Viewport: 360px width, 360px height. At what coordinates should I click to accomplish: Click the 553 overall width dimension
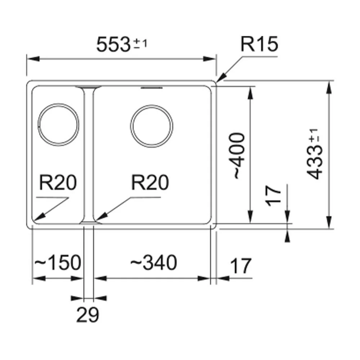tap(113, 45)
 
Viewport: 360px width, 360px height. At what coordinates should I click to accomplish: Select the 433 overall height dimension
tap(315, 163)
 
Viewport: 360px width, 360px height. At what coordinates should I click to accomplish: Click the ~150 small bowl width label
tap(58, 262)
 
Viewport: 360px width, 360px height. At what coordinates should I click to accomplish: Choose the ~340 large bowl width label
tap(154, 262)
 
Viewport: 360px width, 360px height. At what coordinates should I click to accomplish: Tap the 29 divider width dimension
tap(87, 314)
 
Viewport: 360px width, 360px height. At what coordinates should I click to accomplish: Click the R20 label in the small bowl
tap(58, 183)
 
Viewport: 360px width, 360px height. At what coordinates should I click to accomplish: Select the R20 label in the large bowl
tap(150, 183)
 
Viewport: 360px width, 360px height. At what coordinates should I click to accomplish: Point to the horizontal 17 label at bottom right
tap(240, 266)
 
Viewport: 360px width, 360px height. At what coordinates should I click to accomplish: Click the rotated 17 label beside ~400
tap(273, 195)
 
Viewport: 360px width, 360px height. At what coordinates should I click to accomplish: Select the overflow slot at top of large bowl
tap(152, 88)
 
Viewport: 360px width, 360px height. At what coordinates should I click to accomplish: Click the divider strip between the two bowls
tap(89, 154)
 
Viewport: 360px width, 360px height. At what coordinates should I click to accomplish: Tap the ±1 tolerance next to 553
tap(140, 44)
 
